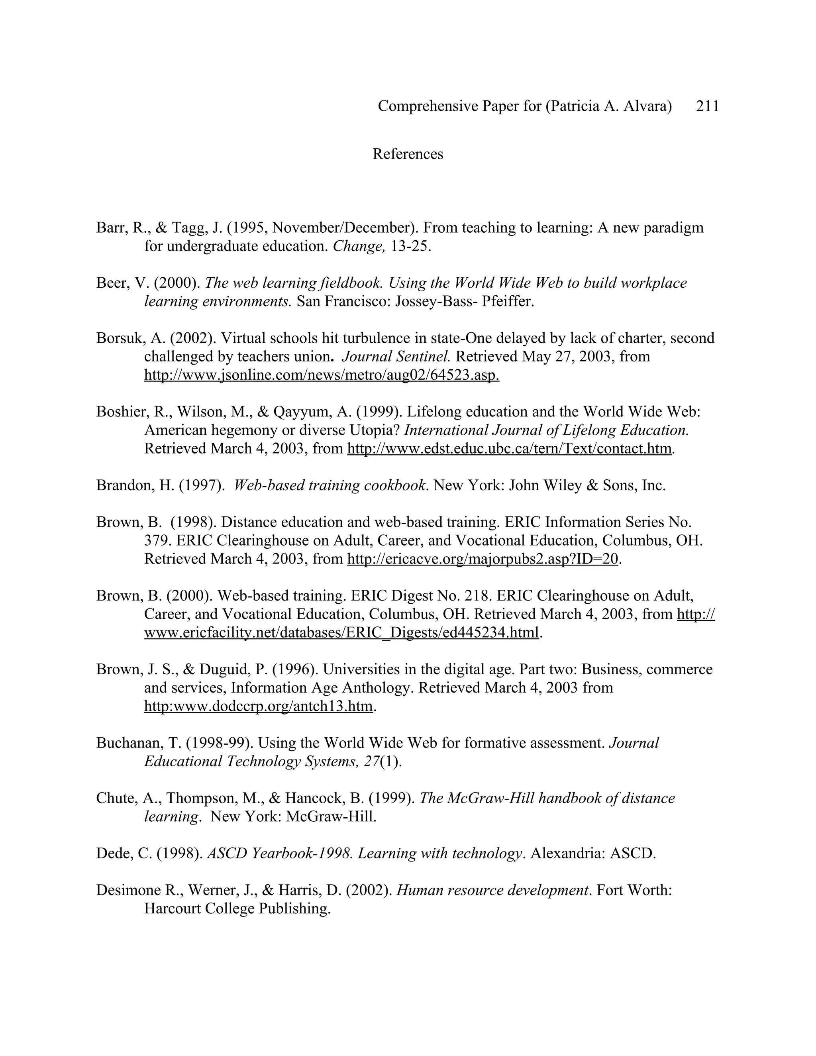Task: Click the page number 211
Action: click(x=707, y=106)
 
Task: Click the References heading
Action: click(x=408, y=154)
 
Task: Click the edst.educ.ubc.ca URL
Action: click(x=510, y=448)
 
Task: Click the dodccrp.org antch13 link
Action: click(x=258, y=706)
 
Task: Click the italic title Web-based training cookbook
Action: click(x=330, y=485)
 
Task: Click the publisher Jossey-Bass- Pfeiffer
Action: click(x=464, y=301)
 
